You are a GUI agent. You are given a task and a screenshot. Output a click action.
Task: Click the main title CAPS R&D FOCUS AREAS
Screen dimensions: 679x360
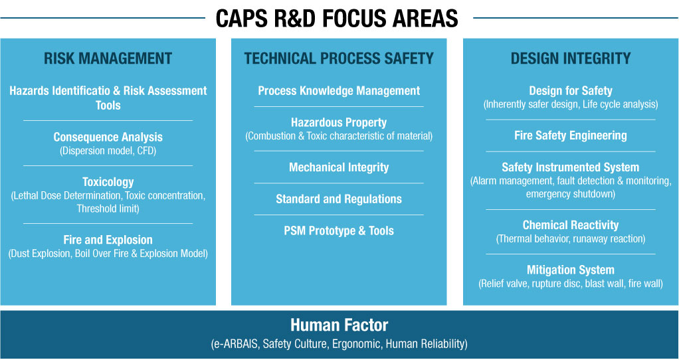pos(336,18)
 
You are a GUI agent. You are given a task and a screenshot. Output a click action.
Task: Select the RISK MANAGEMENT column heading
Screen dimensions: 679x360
pos(108,58)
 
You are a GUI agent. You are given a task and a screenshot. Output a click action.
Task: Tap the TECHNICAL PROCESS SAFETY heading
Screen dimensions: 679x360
pos(339,58)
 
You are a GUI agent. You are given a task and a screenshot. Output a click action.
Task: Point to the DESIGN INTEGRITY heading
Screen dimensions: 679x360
pos(570,58)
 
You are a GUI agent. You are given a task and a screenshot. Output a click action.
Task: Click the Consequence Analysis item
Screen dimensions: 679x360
pos(108,137)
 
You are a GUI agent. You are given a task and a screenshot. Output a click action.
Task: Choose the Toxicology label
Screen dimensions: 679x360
pos(108,182)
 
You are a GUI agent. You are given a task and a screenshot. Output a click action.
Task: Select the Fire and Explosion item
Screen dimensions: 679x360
pos(108,240)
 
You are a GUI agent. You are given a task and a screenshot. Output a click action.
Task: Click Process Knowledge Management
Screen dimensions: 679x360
pos(339,91)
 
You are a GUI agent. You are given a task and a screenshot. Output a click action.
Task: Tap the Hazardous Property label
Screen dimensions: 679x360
pos(339,122)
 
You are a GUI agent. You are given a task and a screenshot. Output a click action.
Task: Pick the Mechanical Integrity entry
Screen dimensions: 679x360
pos(339,167)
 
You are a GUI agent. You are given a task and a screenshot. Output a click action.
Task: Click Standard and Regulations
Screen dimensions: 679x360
pos(339,199)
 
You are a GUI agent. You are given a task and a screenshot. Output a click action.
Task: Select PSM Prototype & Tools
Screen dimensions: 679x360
pos(339,230)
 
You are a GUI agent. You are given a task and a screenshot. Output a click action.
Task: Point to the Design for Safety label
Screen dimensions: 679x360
pos(570,91)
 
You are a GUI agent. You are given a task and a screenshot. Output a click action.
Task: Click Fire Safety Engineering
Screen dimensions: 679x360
pos(570,135)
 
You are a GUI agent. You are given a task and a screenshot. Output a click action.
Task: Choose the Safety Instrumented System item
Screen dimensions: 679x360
pos(570,167)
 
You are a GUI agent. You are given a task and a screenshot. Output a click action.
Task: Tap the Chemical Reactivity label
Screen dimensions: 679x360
pos(570,225)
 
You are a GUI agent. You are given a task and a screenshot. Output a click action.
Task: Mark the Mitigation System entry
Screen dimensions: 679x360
pos(570,270)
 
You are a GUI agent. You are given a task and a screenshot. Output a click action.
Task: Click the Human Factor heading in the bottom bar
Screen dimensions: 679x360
pos(339,325)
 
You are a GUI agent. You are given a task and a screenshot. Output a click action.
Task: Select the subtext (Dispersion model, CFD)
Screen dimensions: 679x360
pos(108,151)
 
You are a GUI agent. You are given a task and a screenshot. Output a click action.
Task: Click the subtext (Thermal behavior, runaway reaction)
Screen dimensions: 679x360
pos(570,239)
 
